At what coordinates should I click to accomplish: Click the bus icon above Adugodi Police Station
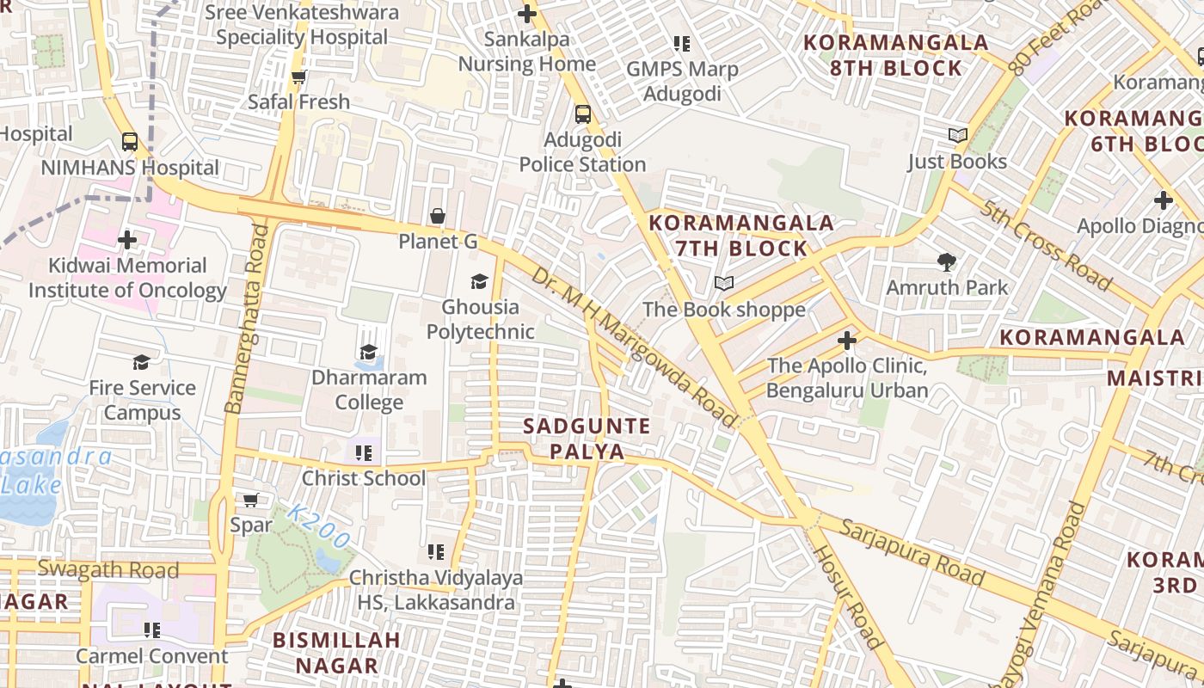pos(583,114)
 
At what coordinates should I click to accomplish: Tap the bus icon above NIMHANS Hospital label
pos(130,142)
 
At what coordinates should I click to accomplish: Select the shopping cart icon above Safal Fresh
pos(299,77)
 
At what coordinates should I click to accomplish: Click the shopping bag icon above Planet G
pos(438,216)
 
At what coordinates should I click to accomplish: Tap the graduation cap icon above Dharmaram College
pos(369,352)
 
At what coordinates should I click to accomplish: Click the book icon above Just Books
pos(957,135)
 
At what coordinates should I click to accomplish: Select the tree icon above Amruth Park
pos(947,261)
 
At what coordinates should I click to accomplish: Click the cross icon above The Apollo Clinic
pos(847,341)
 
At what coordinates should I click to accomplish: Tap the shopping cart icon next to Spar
pos(251,500)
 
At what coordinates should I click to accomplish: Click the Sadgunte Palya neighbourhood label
pos(587,439)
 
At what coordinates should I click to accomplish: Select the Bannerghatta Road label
pos(246,318)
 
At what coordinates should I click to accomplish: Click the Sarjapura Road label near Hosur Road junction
pos(912,551)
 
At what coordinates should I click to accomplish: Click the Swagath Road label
pos(108,569)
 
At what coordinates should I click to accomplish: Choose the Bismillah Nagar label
pos(336,652)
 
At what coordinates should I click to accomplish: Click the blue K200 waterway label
pos(318,526)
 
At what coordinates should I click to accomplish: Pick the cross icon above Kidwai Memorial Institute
pos(128,240)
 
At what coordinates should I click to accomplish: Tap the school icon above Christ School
pos(364,452)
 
